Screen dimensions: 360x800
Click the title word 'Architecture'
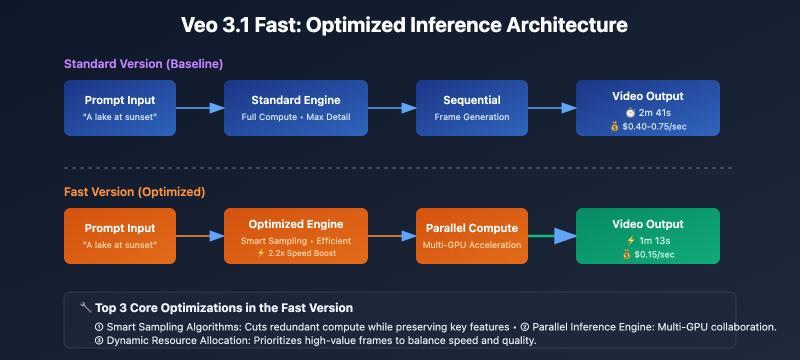pos(558,23)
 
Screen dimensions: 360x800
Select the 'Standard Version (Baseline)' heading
pos(143,64)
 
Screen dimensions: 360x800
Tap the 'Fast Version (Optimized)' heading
pos(134,191)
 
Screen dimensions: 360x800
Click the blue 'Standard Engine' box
pos(295,108)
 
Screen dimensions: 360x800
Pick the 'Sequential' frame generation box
pos(471,108)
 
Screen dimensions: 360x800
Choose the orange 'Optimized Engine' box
pos(295,235)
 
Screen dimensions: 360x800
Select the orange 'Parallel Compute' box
pos(471,235)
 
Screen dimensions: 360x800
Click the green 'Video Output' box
pos(647,235)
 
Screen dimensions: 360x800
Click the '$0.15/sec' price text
pos(653,253)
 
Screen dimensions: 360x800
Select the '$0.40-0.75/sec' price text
pos(653,126)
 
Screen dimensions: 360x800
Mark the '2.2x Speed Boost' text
pos(301,253)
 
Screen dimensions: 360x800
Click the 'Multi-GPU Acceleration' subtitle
pos(471,244)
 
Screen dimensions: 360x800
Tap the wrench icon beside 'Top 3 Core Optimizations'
pos(85,308)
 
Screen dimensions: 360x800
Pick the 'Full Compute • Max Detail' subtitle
pos(295,117)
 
